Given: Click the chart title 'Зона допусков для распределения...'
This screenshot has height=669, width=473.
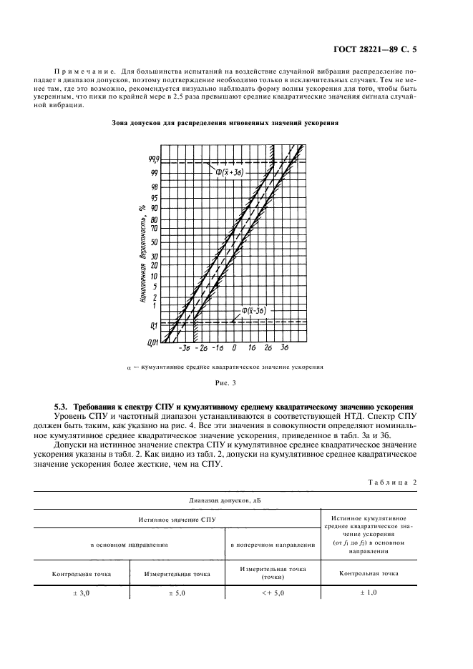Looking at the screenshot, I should pyautogui.click(x=225, y=123).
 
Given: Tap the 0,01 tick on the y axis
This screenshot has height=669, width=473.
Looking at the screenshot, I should pyautogui.click(x=152, y=344).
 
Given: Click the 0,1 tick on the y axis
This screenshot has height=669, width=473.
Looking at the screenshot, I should pyautogui.click(x=153, y=326).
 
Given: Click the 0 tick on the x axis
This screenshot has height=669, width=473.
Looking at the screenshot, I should pyautogui.click(x=236, y=348).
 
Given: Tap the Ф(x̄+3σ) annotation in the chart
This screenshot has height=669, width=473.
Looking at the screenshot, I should pyautogui.click(x=230, y=173).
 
